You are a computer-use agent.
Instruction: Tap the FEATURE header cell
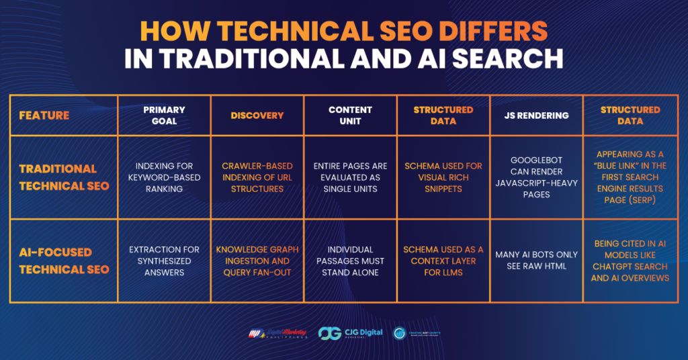(x=44, y=116)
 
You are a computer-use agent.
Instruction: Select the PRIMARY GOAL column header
(x=164, y=116)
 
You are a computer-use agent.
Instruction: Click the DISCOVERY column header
(x=257, y=116)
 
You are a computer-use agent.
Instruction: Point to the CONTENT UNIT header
(x=350, y=116)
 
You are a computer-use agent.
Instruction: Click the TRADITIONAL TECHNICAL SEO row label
(x=63, y=177)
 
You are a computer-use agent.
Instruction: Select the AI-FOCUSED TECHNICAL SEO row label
(x=63, y=261)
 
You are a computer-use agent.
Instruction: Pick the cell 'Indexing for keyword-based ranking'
(x=164, y=177)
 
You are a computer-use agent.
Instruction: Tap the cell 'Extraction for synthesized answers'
(x=164, y=261)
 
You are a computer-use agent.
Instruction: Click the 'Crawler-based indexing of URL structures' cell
(x=257, y=177)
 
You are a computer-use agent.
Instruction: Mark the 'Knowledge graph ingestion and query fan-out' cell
(x=257, y=261)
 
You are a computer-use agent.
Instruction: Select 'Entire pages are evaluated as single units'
(x=350, y=177)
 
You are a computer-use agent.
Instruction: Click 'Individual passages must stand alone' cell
(x=350, y=261)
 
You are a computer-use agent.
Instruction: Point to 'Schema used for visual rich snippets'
(x=443, y=177)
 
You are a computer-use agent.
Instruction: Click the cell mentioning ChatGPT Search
(x=630, y=261)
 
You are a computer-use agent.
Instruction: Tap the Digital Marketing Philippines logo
(x=277, y=333)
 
